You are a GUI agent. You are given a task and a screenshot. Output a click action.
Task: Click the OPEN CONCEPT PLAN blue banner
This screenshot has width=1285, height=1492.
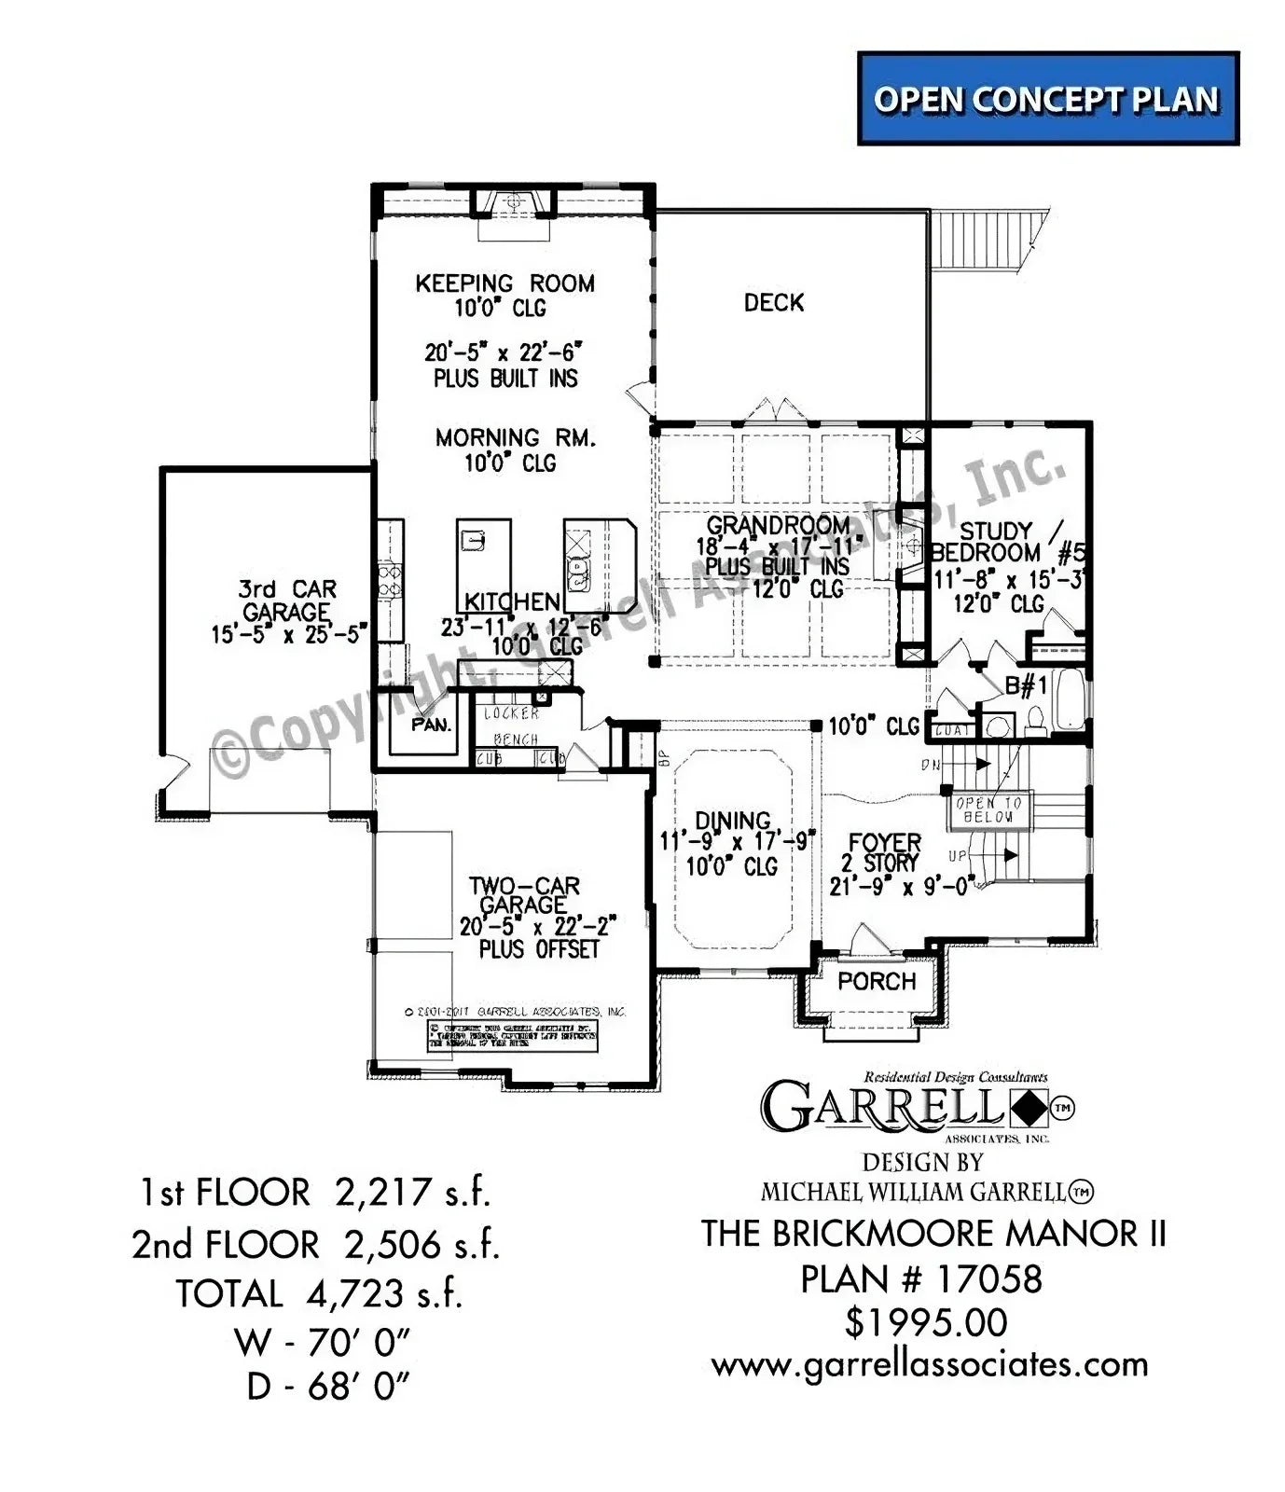(1047, 99)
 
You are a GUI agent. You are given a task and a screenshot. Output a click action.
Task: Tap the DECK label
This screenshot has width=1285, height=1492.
(773, 302)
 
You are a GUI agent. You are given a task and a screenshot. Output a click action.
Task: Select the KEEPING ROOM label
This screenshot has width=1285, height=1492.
(504, 283)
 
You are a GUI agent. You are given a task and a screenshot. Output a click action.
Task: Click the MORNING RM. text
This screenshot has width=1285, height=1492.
(515, 437)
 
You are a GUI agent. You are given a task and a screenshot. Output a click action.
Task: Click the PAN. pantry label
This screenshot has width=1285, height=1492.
(431, 724)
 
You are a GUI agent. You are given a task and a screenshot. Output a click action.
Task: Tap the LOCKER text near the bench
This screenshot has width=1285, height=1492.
(511, 713)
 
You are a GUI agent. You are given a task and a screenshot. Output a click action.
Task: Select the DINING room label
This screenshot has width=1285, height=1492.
(733, 821)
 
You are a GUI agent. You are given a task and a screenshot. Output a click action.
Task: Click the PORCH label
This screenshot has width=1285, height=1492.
(877, 981)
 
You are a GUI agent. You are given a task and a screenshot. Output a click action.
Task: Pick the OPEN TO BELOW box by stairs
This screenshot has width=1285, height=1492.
(988, 809)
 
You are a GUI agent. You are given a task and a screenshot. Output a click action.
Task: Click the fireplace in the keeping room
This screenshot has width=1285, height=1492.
(511, 203)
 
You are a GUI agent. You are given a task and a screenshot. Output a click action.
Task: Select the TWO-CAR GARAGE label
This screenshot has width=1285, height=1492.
(524, 894)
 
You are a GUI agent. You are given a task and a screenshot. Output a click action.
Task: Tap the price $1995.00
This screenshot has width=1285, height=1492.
(925, 1322)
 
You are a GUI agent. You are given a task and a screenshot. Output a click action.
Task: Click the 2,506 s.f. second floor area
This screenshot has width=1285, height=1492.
(421, 1244)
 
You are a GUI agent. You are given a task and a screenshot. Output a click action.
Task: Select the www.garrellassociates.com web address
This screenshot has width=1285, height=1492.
(930, 1365)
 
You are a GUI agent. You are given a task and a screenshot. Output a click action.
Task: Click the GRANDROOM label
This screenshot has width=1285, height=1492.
(778, 525)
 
